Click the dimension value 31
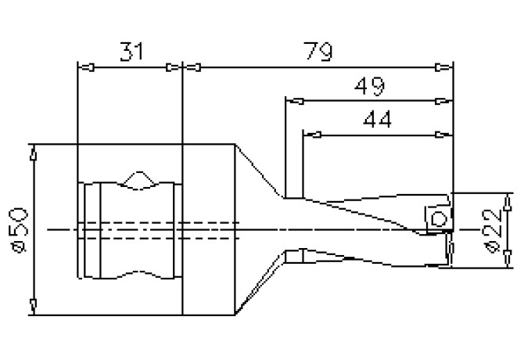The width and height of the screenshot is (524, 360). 131,52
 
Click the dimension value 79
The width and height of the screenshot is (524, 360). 318,52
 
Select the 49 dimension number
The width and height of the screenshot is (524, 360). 369,86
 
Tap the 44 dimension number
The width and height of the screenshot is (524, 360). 377,120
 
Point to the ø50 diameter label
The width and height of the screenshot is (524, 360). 20,230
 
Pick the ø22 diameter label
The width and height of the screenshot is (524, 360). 493,231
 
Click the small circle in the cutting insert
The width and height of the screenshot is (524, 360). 439,219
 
